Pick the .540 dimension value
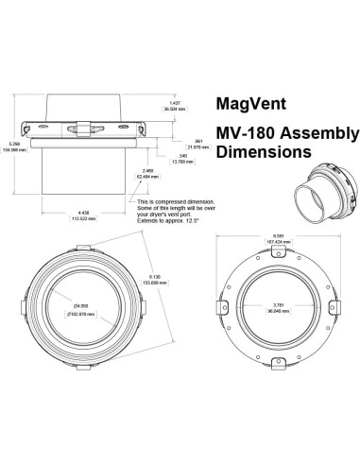pos(180,156)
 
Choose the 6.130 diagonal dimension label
pos(158,280)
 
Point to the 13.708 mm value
pos(181,162)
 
